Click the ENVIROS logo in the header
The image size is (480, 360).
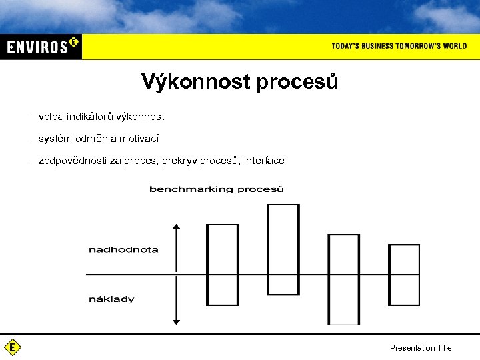(x=41, y=47)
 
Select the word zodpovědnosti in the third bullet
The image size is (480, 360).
(x=69, y=161)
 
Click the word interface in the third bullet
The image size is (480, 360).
(x=264, y=161)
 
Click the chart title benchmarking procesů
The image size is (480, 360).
(x=217, y=189)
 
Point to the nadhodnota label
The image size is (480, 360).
(x=123, y=249)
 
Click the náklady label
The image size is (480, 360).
(x=111, y=299)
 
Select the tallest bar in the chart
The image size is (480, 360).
(x=283, y=249)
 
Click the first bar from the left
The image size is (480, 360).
(x=223, y=265)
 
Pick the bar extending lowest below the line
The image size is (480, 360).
(x=344, y=279)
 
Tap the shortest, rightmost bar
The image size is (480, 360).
(x=404, y=274)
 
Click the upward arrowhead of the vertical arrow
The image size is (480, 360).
(x=176, y=228)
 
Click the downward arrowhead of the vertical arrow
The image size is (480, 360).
(x=176, y=321)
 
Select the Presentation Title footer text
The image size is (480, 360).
(x=421, y=348)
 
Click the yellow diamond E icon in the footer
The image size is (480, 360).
(x=12, y=347)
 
